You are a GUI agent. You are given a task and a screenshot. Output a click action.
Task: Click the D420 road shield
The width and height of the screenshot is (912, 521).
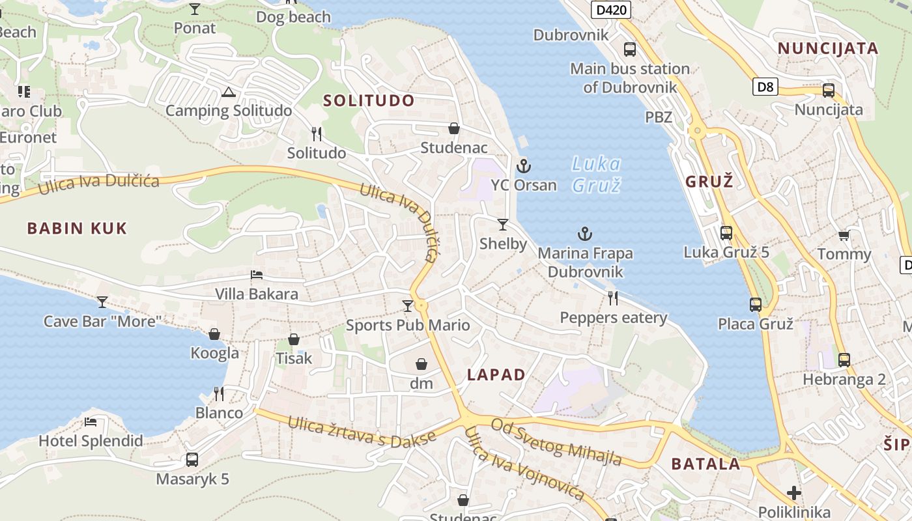point(611,9)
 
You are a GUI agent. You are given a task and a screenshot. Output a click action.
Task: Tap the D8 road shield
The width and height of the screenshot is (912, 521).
point(766,87)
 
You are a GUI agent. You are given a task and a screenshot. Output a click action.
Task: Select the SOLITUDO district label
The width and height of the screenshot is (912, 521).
point(369,100)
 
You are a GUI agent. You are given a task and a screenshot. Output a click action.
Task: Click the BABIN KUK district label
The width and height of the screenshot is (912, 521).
point(77,228)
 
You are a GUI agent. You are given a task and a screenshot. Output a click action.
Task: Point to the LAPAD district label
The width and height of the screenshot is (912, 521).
point(496,374)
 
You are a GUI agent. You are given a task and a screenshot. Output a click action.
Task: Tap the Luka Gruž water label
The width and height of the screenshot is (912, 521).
point(596,175)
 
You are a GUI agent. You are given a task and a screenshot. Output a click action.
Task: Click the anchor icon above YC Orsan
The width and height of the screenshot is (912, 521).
point(524,167)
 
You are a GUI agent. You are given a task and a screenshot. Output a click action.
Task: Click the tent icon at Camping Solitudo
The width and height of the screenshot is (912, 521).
point(227,92)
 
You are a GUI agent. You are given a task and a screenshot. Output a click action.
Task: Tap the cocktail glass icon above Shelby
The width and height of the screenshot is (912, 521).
point(502,225)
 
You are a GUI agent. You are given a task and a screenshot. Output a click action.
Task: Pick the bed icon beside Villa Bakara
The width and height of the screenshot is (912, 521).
point(257,275)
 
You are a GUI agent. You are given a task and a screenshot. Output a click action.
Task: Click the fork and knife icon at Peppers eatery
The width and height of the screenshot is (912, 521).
point(613,298)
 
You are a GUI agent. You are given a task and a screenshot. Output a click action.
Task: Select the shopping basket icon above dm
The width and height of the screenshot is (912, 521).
point(421,364)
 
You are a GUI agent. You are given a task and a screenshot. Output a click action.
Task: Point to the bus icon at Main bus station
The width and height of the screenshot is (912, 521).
point(629,49)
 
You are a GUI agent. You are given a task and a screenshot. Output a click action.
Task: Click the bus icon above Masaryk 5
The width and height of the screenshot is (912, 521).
point(192,460)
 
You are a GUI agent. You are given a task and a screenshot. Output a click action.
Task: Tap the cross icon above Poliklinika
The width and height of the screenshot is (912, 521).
point(793,493)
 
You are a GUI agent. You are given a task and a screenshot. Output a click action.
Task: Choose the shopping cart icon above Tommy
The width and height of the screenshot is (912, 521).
point(844,235)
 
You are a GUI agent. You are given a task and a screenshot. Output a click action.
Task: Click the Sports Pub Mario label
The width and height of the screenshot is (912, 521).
point(408,325)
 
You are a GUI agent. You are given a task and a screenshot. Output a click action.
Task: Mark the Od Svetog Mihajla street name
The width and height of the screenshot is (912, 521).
point(556,442)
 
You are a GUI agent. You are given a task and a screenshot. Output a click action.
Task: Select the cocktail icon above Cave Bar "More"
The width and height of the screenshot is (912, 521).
point(102,302)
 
